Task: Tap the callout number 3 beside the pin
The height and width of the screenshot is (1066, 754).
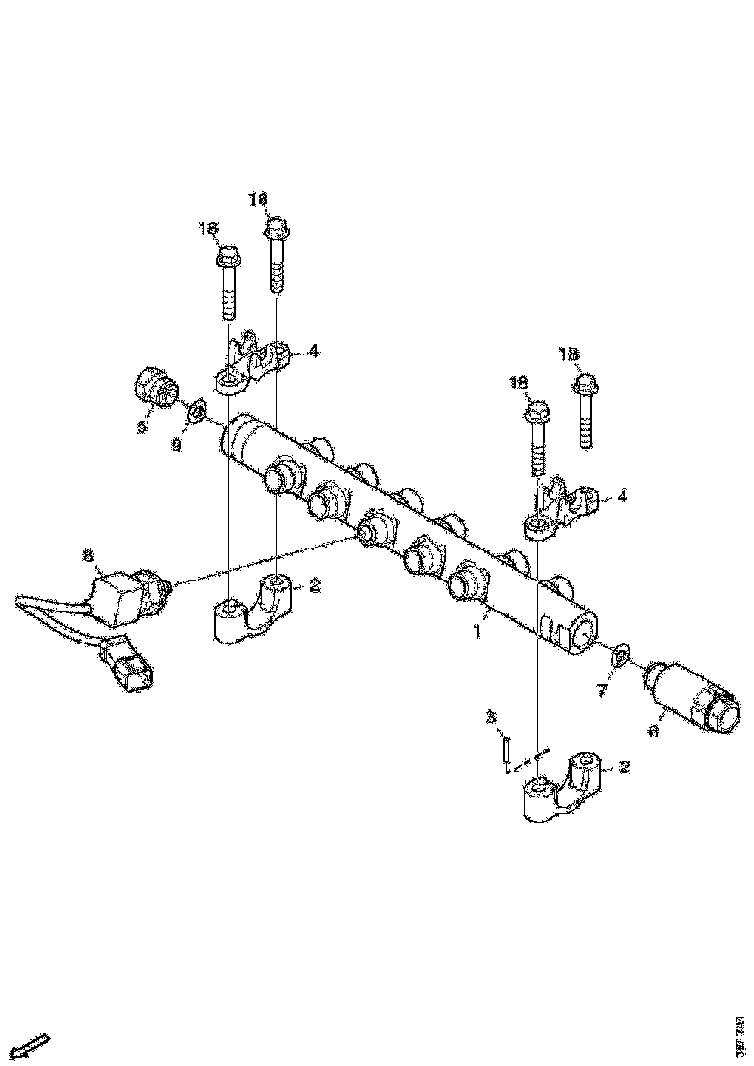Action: pyautogui.click(x=490, y=717)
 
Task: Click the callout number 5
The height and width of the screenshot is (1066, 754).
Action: pyautogui.click(x=141, y=425)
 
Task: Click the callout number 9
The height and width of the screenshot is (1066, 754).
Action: pyautogui.click(x=176, y=444)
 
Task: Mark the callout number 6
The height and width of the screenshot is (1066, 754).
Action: pyautogui.click(x=652, y=733)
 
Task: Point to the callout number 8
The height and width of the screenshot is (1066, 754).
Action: pyautogui.click(x=88, y=555)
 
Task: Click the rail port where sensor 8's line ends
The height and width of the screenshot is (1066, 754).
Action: pyautogui.click(x=372, y=530)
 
